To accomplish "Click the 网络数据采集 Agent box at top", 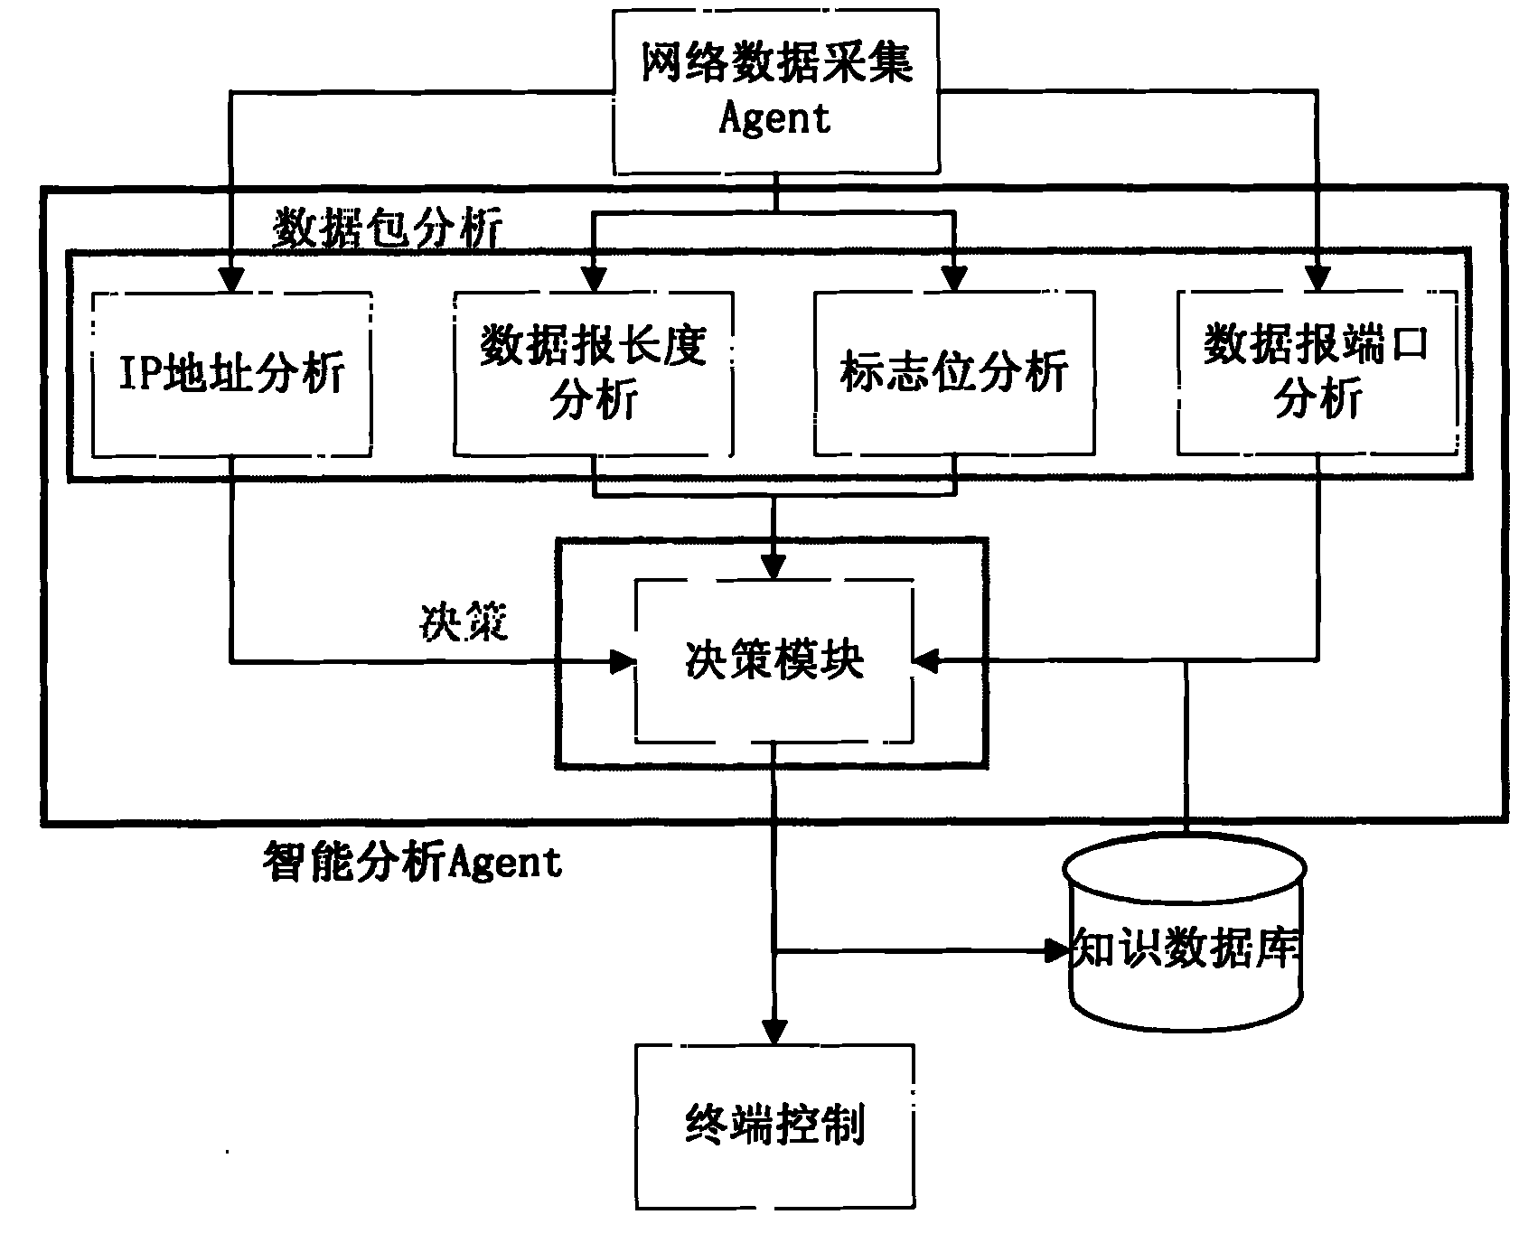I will coord(775,90).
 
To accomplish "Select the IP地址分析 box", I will coord(232,373).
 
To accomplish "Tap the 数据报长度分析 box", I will coord(593,373).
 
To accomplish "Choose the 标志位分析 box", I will coord(954,373).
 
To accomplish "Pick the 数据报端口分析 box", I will coord(1317,373).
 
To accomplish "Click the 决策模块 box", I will coord(774,661).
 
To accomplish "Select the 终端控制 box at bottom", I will coord(774,1126).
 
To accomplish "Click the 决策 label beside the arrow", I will coord(464,621).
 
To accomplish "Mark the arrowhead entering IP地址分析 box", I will coord(232,279).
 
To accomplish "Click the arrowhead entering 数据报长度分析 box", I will coord(593,279).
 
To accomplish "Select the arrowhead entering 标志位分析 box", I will coord(954,279).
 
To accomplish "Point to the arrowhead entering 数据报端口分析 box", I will coord(1317,279).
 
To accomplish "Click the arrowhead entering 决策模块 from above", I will coord(774,567).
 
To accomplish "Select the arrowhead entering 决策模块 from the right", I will coord(926,662).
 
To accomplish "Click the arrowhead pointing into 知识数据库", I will coord(1055,950).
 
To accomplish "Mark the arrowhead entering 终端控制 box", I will coord(774,1031).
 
